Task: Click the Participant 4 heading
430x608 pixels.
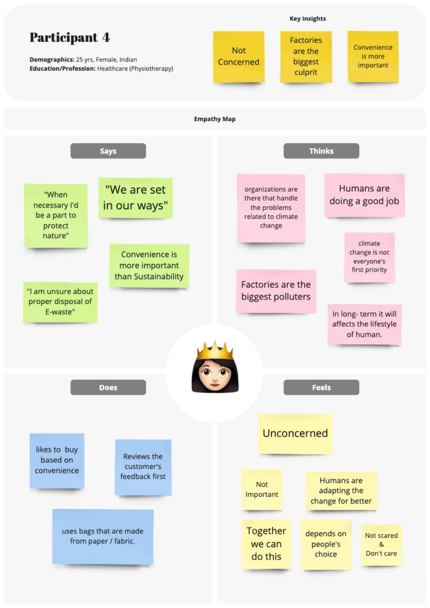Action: point(70,37)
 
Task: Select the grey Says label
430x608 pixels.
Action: point(108,151)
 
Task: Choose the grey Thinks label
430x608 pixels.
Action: point(321,151)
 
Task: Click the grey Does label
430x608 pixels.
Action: point(108,387)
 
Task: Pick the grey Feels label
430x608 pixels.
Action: point(321,387)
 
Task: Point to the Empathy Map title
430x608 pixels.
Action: point(215,119)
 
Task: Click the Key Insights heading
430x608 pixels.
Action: point(308,19)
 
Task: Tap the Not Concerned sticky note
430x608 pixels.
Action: point(239,57)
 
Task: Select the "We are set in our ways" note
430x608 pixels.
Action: point(135,198)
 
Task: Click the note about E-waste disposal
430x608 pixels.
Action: point(60,302)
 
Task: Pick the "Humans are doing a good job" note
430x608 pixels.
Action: point(364,195)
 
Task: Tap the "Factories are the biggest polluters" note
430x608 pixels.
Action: point(276,291)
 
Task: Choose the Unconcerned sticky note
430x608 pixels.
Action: point(295,434)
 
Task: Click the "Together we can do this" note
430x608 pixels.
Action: point(266,544)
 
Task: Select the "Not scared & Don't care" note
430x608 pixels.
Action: point(381,544)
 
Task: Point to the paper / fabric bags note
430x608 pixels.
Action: point(103,536)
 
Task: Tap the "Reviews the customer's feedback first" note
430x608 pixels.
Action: point(143,467)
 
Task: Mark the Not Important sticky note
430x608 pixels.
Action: point(262,490)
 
